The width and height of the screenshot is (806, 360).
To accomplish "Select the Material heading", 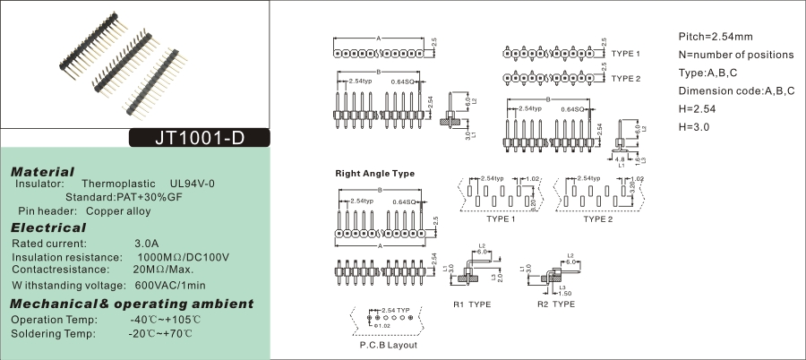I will (x=42, y=171).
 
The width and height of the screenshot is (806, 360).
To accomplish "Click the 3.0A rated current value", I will (x=146, y=243).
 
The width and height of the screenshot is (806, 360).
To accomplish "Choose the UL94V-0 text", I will (x=193, y=184).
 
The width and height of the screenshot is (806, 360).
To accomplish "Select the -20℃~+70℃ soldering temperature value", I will (x=160, y=334).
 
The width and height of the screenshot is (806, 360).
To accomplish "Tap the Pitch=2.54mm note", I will (x=716, y=37).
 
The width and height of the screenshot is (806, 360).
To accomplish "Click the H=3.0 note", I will (x=694, y=127).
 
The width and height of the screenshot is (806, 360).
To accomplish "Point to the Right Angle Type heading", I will (x=375, y=173).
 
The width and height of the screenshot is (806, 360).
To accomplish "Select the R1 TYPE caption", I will (x=472, y=304).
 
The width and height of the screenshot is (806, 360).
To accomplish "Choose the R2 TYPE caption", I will (x=556, y=304).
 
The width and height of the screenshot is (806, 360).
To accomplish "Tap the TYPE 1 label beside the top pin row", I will (x=626, y=54).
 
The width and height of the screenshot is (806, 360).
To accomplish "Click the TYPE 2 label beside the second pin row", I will (x=626, y=79).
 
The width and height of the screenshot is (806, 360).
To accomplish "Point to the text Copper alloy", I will (x=118, y=211).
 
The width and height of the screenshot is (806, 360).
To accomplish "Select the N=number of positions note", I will (x=736, y=55).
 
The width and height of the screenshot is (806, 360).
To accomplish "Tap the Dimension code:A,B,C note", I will (x=736, y=91).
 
